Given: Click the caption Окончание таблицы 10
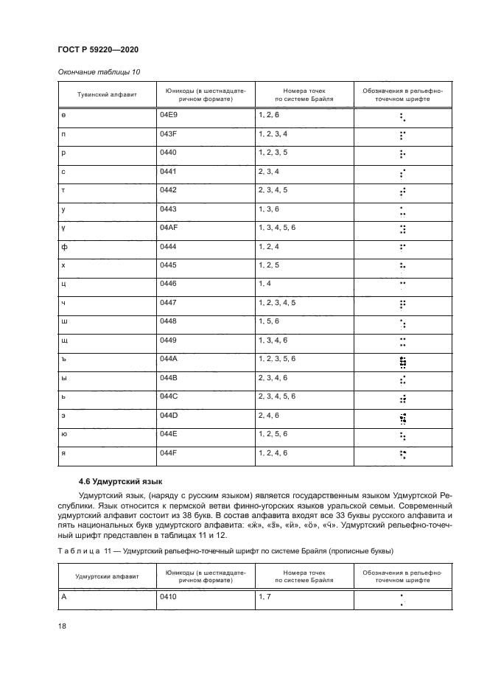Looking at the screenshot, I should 94,72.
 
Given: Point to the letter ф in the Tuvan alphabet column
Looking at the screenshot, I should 65,247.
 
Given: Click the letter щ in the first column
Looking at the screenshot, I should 65,340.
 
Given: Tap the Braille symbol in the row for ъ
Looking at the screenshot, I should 402,361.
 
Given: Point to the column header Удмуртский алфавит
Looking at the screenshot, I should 104,576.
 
